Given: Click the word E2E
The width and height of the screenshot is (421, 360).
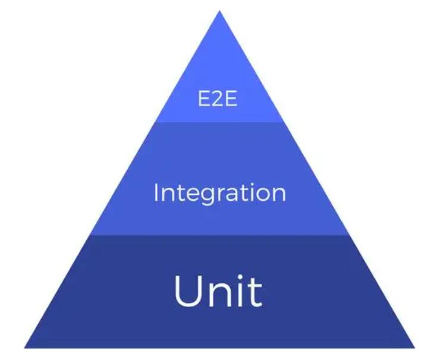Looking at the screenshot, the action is point(218,99).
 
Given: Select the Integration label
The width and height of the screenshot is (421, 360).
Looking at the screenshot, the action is point(219,194).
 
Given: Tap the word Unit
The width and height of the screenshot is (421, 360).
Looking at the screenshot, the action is point(218,290).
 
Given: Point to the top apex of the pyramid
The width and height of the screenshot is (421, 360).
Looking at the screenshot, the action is point(219,11).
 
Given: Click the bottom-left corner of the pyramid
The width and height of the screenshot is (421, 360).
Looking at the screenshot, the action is point(24,348).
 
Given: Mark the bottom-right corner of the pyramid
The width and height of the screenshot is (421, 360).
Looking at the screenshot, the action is point(415,348).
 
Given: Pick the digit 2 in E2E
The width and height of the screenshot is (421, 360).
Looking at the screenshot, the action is point(218,99).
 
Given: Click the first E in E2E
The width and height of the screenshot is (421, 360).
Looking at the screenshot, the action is point(204,99).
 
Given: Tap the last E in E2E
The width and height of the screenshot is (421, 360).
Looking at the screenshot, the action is point(232,99).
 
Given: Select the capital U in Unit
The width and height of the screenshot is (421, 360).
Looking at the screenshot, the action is point(188,291).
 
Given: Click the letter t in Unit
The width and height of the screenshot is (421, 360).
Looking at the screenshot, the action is point(255,292).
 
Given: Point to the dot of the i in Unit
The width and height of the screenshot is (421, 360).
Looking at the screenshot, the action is point(240,277).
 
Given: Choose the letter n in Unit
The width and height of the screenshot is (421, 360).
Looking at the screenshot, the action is point(219,295).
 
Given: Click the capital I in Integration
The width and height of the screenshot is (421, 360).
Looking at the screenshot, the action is point(156,192).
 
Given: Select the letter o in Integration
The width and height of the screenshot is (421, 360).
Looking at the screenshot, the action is point(262,195).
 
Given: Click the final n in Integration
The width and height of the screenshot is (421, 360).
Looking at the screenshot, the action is point(279,195).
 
